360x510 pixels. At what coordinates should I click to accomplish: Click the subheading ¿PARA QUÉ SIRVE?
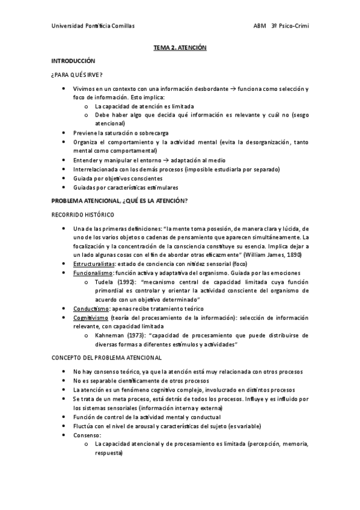[76, 75]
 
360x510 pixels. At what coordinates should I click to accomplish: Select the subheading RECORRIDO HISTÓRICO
[84, 215]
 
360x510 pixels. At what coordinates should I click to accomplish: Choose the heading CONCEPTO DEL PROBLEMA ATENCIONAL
[106, 358]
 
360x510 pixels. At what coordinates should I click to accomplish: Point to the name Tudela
[105, 282]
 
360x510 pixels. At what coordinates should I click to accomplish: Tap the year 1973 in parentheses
[136, 335]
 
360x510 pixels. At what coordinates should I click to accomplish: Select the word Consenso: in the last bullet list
[87, 435]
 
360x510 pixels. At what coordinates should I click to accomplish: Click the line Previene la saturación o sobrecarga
[120, 132]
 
